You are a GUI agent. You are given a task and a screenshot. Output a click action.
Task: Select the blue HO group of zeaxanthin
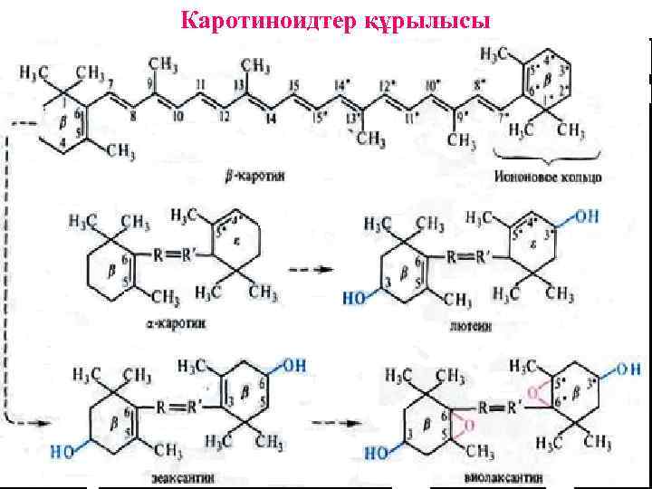62,446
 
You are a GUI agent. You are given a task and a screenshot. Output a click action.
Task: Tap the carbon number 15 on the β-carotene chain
293,86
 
